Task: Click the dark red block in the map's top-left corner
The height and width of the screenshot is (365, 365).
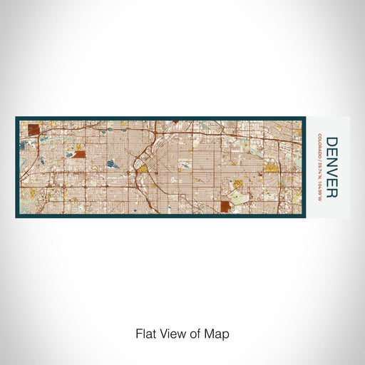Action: (x=34, y=129)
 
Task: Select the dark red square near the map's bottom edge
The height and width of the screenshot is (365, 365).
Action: (x=226, y=206)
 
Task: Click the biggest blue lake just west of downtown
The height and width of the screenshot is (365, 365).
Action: (x=113, y=164)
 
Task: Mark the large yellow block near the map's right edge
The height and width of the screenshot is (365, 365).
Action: (x=271, y=168)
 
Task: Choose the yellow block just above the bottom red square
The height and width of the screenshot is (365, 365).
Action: (x=237, y=184)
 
